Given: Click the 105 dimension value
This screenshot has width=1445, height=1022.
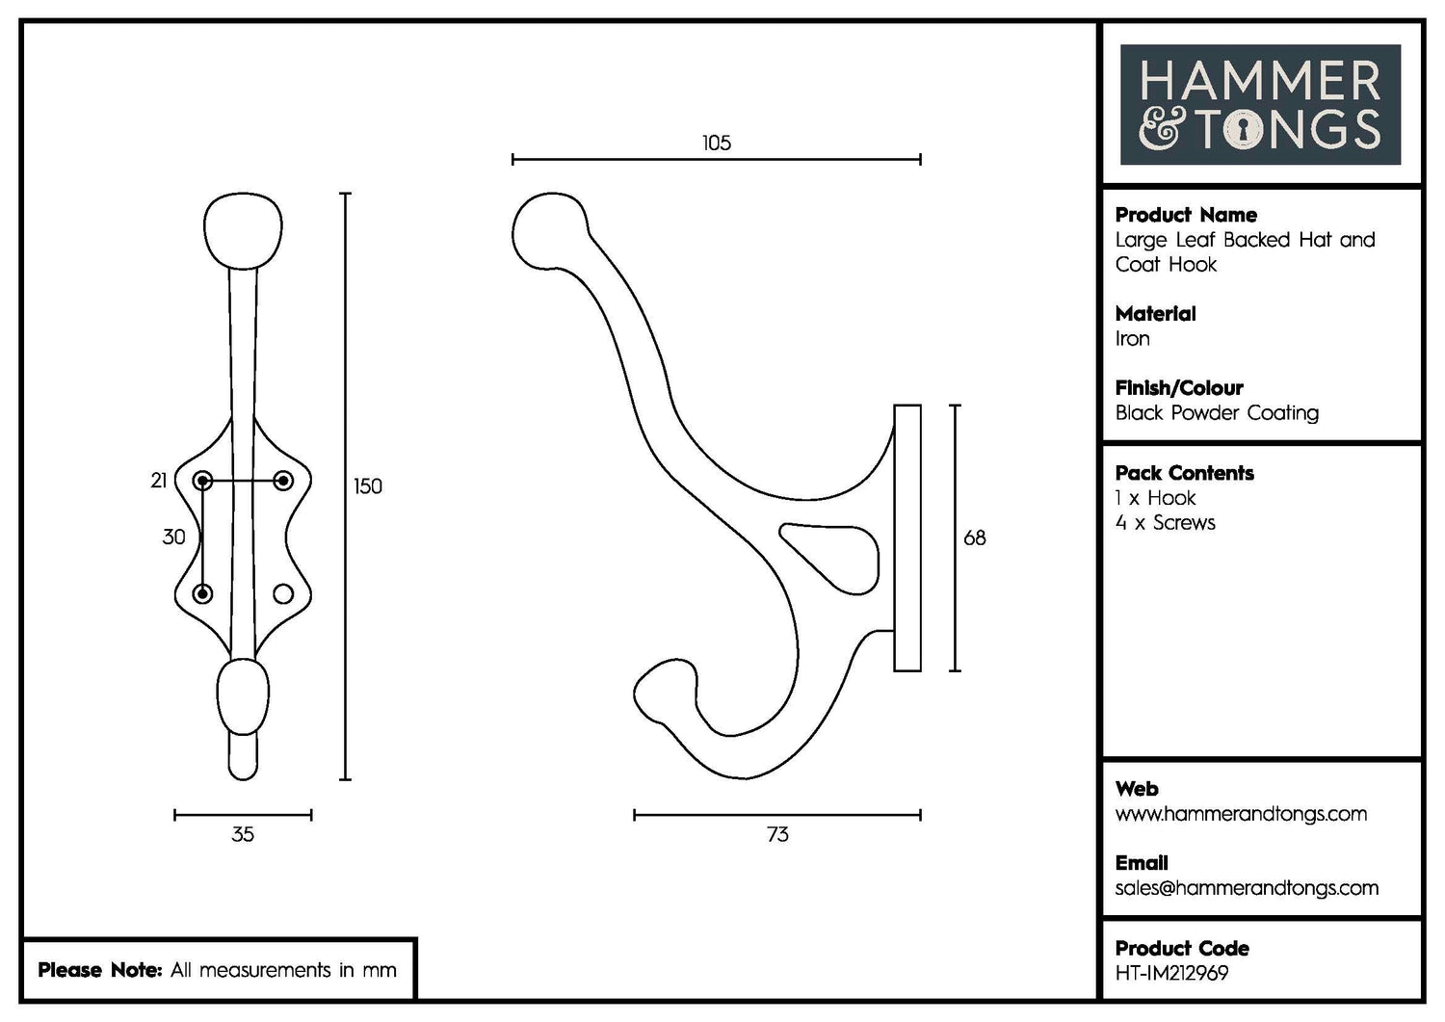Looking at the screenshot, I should (717, 144).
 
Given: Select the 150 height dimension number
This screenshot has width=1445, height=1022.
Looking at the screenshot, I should (368, 486).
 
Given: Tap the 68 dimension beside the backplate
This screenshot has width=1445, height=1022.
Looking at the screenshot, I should (975, 538).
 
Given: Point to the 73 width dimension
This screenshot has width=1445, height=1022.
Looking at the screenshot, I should (777, 835).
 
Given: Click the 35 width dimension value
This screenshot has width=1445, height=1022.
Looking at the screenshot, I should (243, 835).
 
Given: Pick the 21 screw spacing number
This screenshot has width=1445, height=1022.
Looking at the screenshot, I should (159, 481).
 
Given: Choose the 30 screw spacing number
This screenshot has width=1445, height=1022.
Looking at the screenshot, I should (173, 537).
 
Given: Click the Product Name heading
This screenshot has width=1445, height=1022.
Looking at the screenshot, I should (1186, 215).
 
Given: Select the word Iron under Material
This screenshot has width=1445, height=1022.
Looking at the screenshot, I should (1133, 339).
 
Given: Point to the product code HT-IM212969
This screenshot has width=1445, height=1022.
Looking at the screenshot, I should (1171, 974).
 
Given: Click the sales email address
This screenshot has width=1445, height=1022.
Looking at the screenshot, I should (1247, 888).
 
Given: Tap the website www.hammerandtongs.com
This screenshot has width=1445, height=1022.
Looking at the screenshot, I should (1241, 814).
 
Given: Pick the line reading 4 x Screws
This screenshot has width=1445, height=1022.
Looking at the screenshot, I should (1165, 523).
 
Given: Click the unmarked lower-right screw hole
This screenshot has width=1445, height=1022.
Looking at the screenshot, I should (283, 593).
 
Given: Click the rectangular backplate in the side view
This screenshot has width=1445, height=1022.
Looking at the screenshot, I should (907, 537).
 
